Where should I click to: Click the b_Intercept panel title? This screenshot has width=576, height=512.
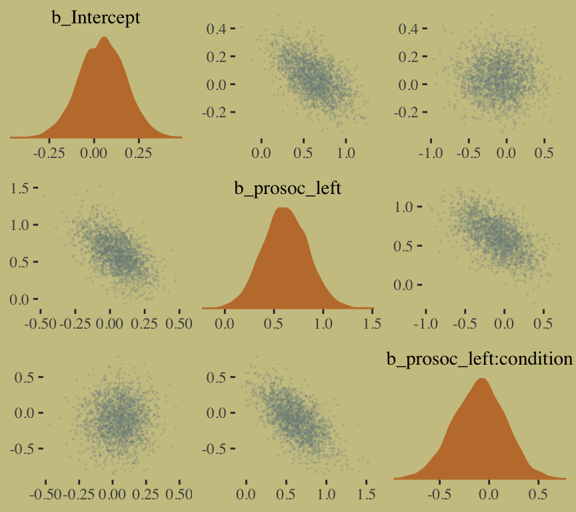coord(96,18)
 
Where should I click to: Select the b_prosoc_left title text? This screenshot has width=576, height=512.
coord(287,189)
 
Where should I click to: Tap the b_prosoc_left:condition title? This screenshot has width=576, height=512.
coord(480,359)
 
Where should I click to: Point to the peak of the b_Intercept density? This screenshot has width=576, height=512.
coord(103,37)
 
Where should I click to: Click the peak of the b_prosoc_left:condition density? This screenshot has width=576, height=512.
coord(482,379)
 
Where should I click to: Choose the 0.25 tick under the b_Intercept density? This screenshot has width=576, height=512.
coord(139,151)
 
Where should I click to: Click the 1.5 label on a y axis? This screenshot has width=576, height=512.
coord(20,189)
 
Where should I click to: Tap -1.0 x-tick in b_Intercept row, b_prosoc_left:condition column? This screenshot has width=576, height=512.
coord(431,153)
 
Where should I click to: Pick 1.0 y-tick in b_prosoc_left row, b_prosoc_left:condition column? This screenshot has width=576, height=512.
coord(405,207)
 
